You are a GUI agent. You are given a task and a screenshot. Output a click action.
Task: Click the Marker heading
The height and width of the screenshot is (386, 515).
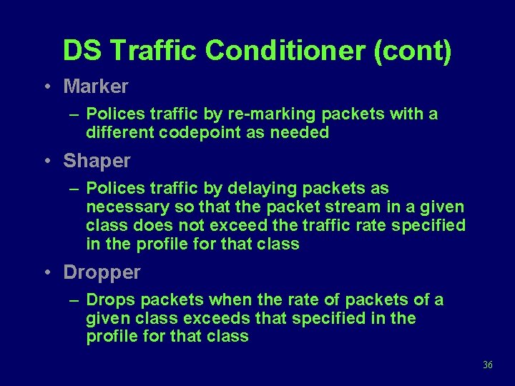(x=96, y=86)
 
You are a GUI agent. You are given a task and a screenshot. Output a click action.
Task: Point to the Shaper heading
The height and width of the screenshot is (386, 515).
(x=97, y=161)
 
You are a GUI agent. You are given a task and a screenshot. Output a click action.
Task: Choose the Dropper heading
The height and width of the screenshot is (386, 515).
(x=102, y=272)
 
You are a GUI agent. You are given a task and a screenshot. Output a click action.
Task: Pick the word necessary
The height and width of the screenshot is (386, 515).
(x=122, y=207)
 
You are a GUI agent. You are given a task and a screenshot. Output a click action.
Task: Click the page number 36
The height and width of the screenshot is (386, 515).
(x=488, y=365)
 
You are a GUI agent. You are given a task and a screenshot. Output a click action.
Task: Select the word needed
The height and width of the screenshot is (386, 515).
(x=300, y=132)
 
